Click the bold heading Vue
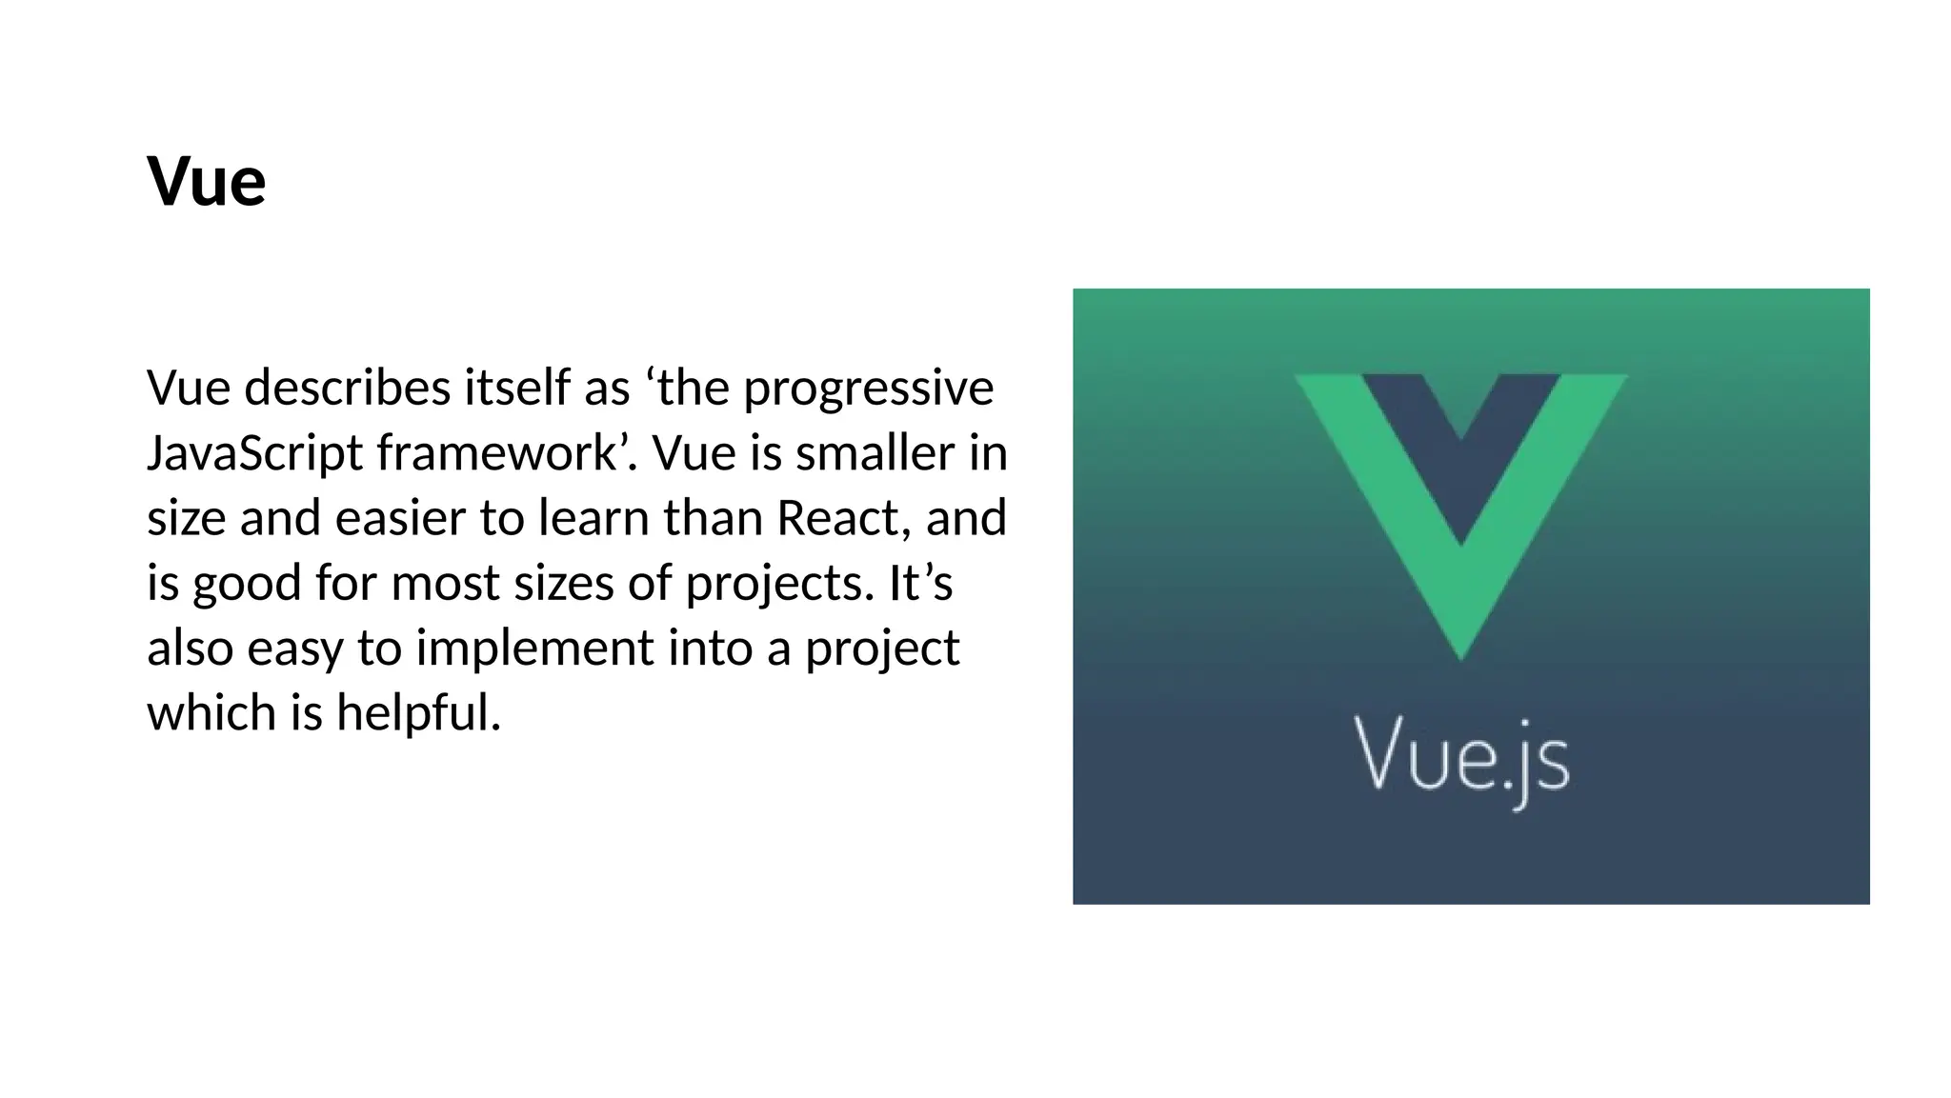click(206, 181)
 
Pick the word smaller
click(875, 452)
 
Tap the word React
click(837, 518)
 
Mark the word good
click(248, 584)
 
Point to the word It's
click(920, 583)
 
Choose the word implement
click(534, 649)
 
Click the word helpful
click(418, 713)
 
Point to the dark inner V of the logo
click(1460, 438)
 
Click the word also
click(190, 649)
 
